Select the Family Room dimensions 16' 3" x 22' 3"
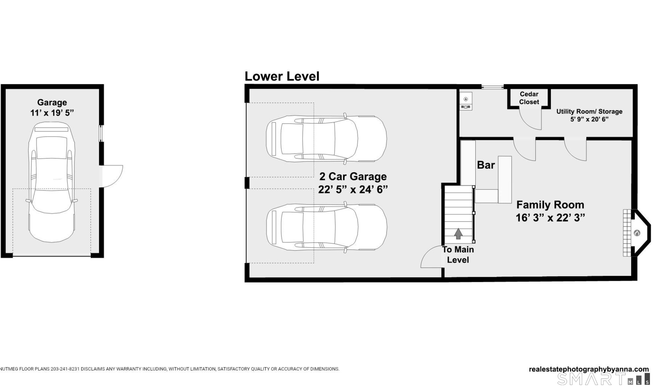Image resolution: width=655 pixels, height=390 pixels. pos(550,218)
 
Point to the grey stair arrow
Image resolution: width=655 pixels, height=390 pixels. pos(458,233)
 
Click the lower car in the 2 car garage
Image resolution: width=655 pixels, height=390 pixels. pos(326,227)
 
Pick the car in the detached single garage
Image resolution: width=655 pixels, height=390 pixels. pos(52,182)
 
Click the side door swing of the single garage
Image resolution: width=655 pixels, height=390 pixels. pos(112,176)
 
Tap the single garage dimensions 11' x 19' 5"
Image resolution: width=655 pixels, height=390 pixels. pos(52,113)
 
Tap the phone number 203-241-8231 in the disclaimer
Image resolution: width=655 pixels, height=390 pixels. pos(65,369)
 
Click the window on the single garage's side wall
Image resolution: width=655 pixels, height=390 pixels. pos(101,134)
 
